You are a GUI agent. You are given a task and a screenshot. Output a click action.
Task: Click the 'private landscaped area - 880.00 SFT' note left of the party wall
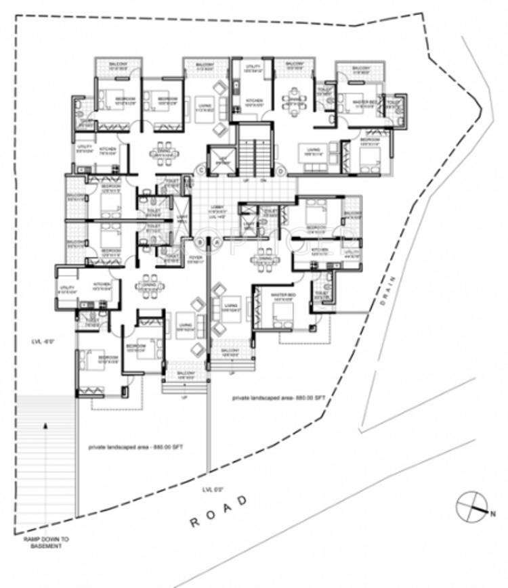coord(136,447)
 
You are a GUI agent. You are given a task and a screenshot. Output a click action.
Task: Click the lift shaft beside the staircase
coord(221,160)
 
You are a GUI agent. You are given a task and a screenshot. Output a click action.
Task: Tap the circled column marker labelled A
coord(217,242)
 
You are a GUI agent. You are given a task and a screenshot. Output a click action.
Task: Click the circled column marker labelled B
coord(200,242)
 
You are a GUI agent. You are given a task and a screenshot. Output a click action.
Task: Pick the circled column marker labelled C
coord(200,170)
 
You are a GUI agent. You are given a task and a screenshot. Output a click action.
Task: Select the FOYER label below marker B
coord(196,258)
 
